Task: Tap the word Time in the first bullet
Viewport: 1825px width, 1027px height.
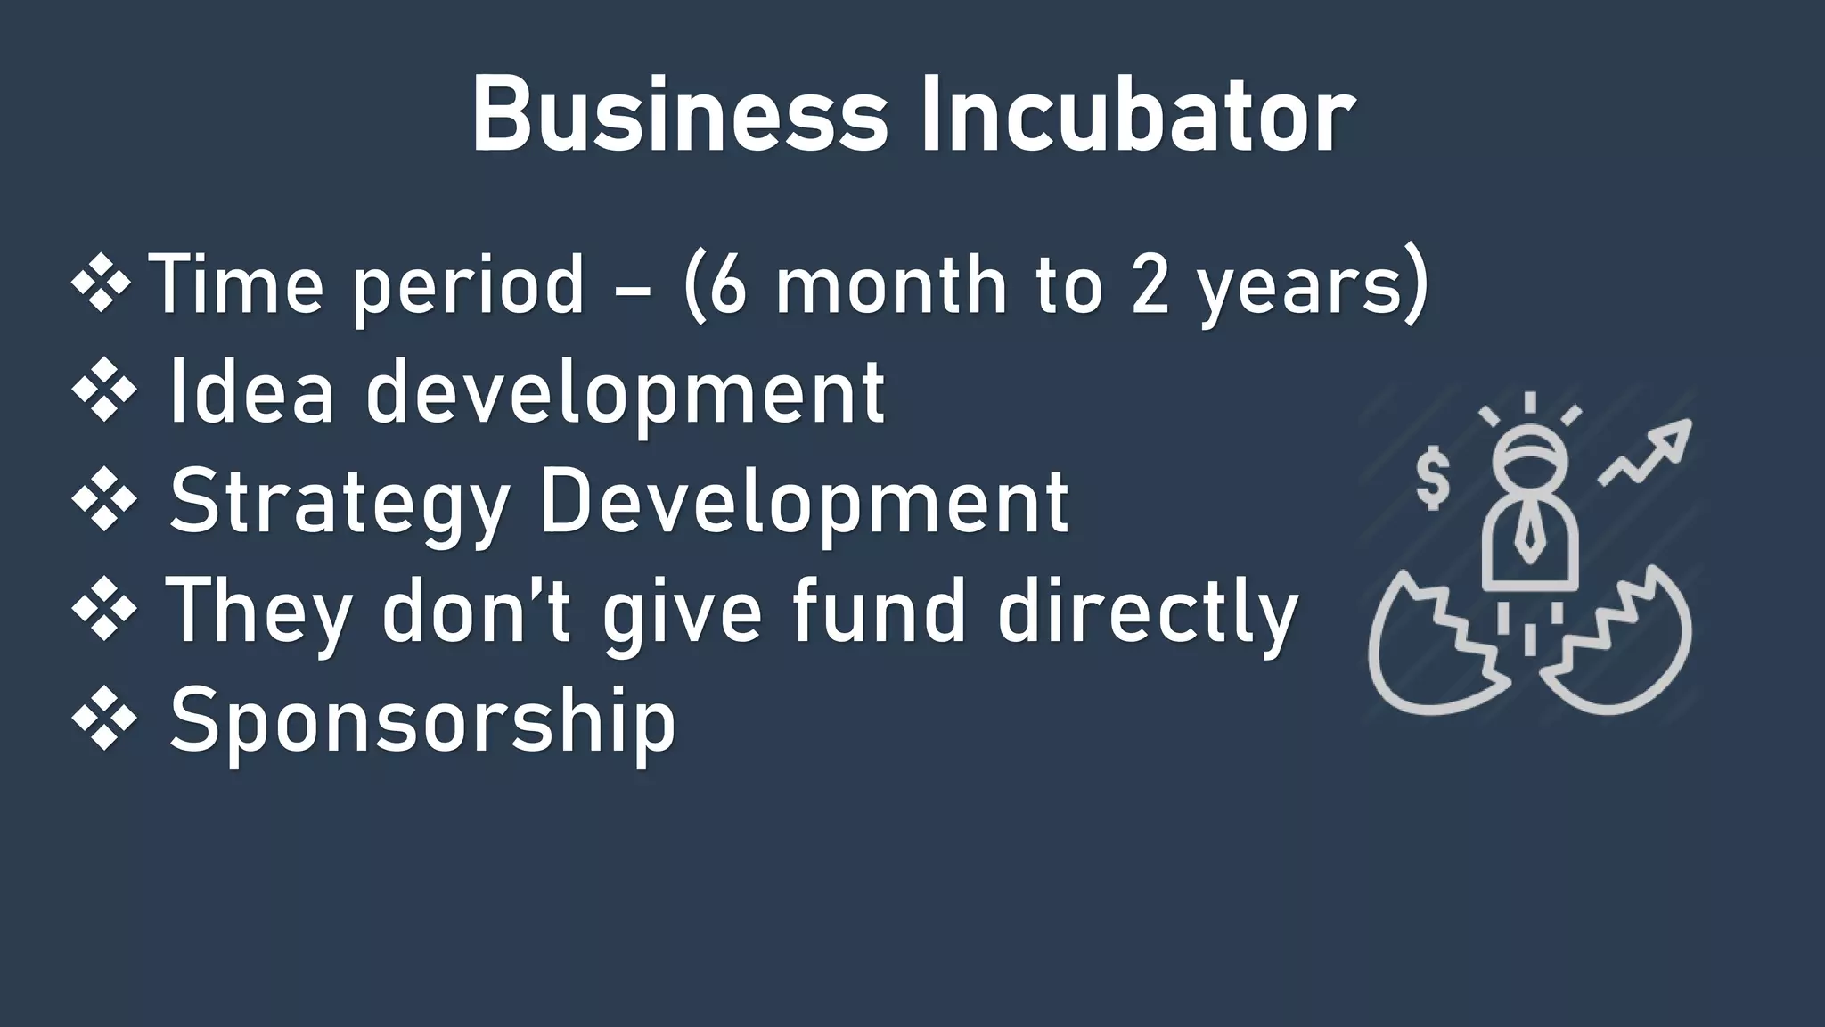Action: (236, 285)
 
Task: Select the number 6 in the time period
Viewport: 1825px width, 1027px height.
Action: (727, 285)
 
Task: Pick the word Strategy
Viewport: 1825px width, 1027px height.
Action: (339, 504)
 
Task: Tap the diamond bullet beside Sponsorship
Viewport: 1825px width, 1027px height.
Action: (104, 719)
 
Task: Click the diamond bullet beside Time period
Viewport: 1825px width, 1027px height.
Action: (102, 284)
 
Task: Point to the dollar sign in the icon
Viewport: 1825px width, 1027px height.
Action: (1433, 480)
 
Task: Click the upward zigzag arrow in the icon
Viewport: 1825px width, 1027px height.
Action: (1645, 452)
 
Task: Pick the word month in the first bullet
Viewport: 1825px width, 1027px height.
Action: (892, 285)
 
